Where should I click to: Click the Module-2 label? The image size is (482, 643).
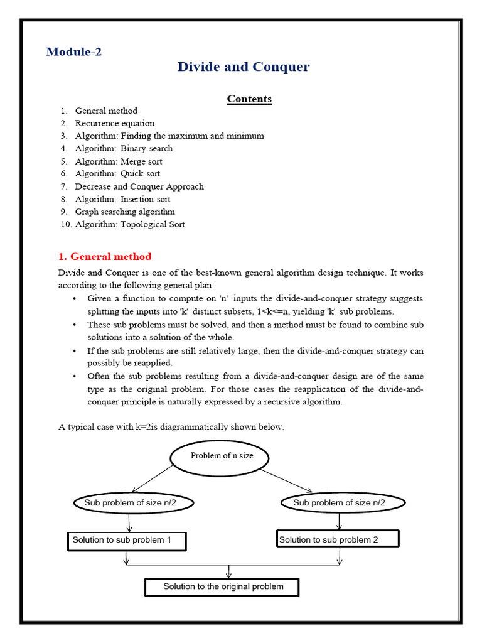point(73,52)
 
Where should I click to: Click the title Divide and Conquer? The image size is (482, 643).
point(244,67)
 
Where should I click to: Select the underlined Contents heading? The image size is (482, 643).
point(249,99)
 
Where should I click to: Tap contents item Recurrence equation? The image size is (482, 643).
point(114,123)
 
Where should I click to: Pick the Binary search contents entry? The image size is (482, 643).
point(124,148)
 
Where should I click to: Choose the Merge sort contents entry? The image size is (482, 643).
point(119,161)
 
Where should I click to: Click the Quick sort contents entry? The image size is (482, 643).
point(117,174)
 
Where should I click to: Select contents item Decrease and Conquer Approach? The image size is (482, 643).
point(139,186)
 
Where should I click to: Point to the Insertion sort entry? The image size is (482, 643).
point(122,199)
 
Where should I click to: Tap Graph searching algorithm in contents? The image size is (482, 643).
point(125,212)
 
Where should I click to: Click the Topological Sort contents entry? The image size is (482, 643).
point(130,224)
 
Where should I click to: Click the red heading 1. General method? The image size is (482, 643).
point(105,256)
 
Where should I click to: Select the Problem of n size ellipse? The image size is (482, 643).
point(220,456)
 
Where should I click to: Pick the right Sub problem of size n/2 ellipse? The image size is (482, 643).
point(340,502)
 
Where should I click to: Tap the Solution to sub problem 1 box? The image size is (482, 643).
point(126,540)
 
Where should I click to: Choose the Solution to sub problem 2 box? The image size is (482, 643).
point(338,539)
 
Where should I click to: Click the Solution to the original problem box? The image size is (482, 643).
point(222,587)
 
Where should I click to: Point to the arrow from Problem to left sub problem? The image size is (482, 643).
point(153,479)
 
